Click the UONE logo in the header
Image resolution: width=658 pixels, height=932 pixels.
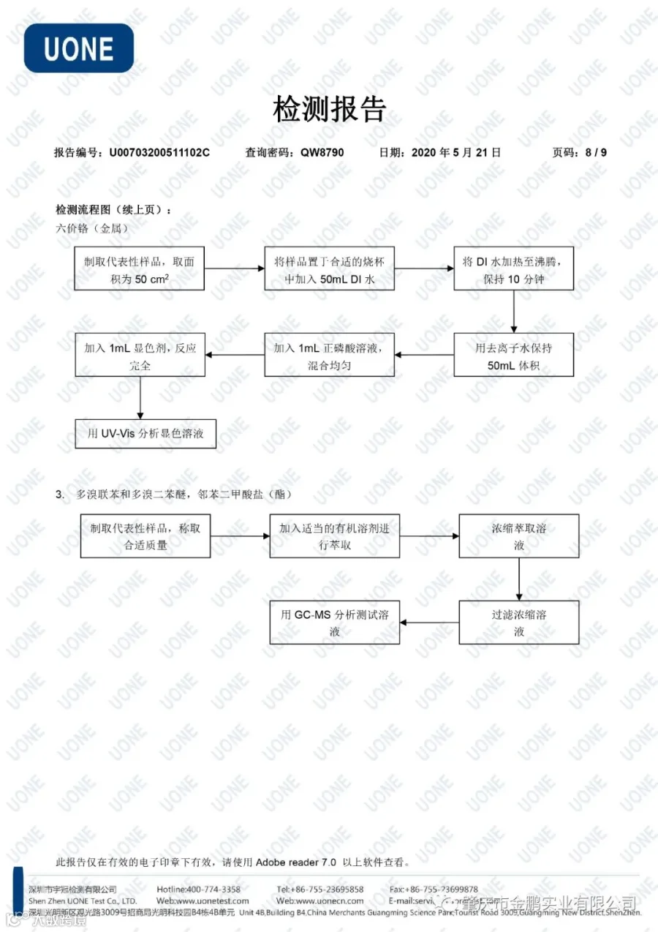tap(78, 48)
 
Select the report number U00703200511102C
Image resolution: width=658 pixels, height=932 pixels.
tap(159, 153)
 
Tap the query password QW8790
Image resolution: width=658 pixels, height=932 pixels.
tap(322, 153)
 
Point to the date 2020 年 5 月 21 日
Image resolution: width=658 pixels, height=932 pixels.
tap(456, 153)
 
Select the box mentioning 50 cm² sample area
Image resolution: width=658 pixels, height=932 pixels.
tap(139, 268)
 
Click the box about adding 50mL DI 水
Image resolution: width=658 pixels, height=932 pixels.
tap(329, 268)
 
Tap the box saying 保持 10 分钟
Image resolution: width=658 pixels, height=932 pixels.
tap(513, 268)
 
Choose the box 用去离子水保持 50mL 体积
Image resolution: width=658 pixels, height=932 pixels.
tap(513, 356)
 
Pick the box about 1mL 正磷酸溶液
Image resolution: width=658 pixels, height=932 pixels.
tap(329, 356)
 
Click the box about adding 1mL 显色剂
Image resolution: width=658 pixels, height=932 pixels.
tap(140, 356)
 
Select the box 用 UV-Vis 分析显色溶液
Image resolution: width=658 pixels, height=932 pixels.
tap(145, 434)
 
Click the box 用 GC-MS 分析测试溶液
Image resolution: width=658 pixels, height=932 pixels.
tap(335, 623)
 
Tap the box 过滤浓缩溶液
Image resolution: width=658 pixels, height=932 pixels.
tap(519, 623)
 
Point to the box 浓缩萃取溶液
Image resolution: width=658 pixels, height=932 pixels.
tap(519, 536)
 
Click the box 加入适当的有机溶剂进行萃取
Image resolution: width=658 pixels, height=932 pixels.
tap(335, 536)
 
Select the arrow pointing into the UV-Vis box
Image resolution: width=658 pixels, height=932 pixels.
tap(140, 399)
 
